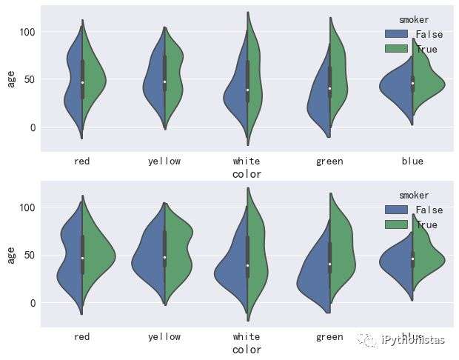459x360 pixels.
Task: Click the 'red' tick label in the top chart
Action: point(82,161)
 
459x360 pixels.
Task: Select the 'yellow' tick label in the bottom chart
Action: point(164,336)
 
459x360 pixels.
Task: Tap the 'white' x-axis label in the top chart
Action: point(247,161)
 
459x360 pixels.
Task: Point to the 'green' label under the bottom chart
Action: point(329,336)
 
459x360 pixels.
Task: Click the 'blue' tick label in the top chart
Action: point(412,161)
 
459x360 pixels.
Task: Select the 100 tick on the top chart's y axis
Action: point(27,32)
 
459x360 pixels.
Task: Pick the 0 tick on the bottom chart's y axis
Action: point(33,303)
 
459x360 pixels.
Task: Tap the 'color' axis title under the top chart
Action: point(247,174)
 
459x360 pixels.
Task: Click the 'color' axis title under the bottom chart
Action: point(247,349)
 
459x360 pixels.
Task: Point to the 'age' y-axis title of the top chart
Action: point(11,79)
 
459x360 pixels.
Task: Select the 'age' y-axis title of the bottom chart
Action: point(11,254)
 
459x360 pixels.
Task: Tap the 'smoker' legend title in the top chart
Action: point(413,20)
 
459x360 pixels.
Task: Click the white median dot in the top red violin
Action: point(82,82)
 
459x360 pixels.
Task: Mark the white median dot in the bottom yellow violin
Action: point(164,257)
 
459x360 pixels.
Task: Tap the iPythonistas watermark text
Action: point(413,340)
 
